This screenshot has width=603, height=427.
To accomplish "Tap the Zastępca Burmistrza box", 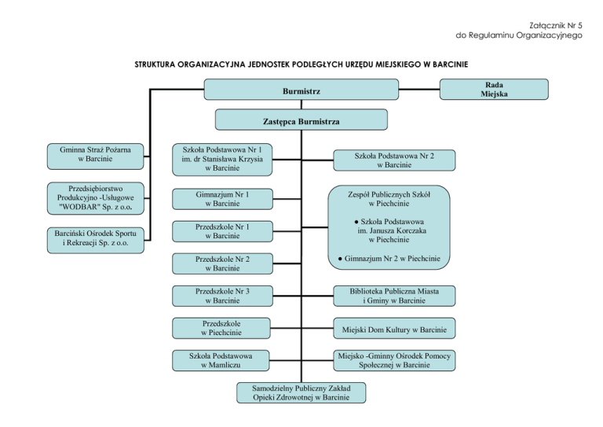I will (301, 120).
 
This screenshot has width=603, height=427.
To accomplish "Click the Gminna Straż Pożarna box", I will (95, 154).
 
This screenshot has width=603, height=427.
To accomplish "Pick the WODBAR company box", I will (95, 198).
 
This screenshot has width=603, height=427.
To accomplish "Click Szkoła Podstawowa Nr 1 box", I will (221, 158).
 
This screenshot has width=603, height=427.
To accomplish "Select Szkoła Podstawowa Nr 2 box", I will (393, 160).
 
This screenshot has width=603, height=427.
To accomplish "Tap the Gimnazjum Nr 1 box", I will (221, 199).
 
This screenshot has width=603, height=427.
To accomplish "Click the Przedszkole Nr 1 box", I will (221, 231).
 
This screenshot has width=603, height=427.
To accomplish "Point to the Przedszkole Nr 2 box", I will (221, 263).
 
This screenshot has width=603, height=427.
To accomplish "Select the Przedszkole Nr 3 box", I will (221, 296).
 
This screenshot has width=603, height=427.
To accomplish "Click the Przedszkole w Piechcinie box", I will (221, 328).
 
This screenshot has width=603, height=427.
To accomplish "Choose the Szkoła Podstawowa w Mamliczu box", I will (221, 361).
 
